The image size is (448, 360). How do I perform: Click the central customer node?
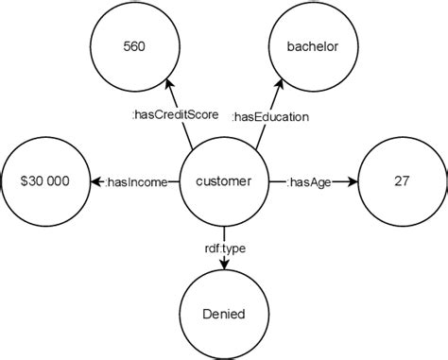pyautogui.click(x=224, y=180)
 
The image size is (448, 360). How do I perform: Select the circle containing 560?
pyautogui.click(x=136, y=45)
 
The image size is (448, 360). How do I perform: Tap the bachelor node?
pyautogui.click(x=312, y=45)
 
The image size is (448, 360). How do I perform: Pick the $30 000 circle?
pyautogui.click(x=44, y=180)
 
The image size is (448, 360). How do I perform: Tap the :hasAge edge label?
pyautogui.click(x=309, y=181)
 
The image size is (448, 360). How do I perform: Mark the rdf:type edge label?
pyautogui.click(x=224, y=249)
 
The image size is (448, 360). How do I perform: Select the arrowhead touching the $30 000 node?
pyautogui.click(x=95, y=180)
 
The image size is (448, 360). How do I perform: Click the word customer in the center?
pyautogui.click(x=224, y=180)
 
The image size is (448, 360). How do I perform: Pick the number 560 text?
pyautogui.click(x=136, y=45)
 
